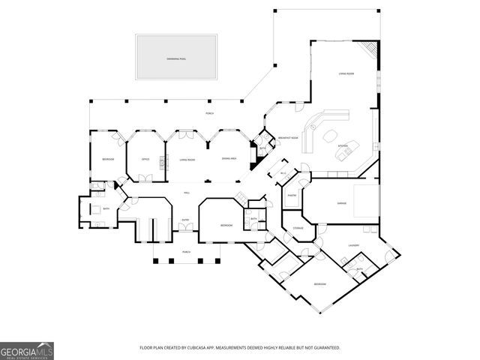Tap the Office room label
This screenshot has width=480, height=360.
[x=145, y=159]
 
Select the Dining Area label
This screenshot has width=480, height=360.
[x=229, y=159]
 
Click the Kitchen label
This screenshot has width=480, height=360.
[x=342, y=145]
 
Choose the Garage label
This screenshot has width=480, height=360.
[x=341, y=202]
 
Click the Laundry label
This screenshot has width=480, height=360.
[x=354, y=245]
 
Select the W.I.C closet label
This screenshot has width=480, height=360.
[x=284, y=174]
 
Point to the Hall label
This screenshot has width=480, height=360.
[x=186, y=193]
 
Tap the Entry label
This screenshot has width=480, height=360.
[x=185, y=220]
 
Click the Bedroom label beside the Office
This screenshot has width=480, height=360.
[x=107, y=159]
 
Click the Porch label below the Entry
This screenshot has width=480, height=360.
[x=185, y=251]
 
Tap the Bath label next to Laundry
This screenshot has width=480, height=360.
[x=359, y=268]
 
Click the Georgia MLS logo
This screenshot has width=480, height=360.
[x=27, y=350]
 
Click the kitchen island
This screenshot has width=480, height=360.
[x=345, y=154]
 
